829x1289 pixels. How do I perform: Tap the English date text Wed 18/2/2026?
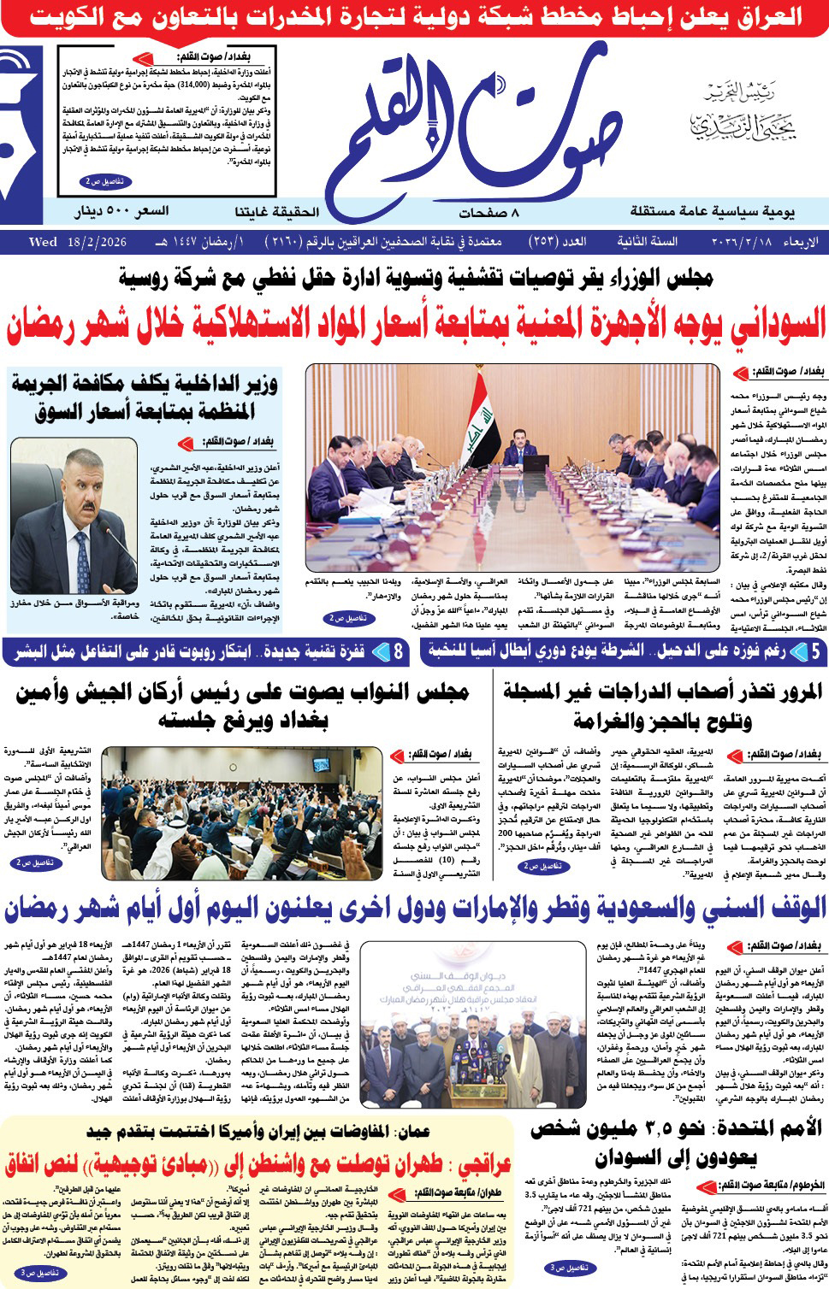[78, 242]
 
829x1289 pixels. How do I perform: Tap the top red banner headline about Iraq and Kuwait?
[414, 17]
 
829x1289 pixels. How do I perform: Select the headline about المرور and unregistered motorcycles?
[662, 706]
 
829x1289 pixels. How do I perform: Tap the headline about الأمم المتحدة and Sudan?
[676, 1144]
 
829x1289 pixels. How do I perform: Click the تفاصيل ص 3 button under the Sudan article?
[557, 1268]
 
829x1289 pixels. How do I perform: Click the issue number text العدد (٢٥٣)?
[557, 242]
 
